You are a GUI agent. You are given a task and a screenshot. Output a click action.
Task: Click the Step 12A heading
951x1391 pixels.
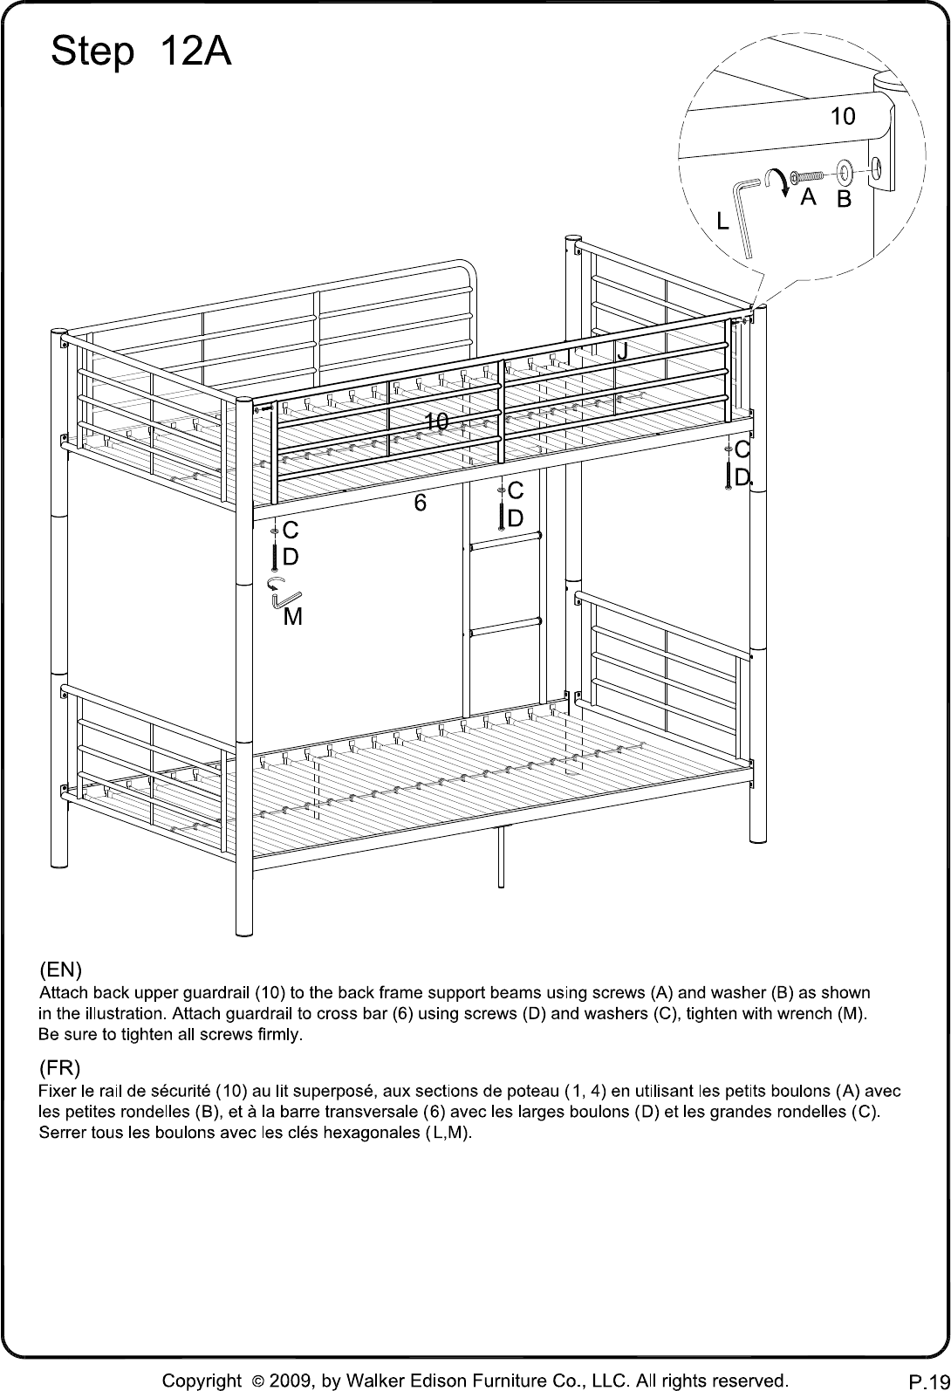tap(141, 52)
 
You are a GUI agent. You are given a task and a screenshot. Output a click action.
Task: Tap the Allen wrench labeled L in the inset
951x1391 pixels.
tap(744, 217)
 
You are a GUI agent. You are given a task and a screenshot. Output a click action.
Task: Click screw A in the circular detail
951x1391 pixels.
tap(807, 177)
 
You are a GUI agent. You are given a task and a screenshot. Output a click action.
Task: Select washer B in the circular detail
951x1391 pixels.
tap(845, 173)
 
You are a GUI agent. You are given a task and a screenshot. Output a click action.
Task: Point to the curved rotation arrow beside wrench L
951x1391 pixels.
tap(776, 180)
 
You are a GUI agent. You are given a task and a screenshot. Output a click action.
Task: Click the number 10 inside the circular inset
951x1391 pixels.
tap(843, 116)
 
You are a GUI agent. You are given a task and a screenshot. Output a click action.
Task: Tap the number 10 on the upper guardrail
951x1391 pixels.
tap(436, 421)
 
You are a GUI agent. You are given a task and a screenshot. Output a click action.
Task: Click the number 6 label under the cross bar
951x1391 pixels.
tap(421, 503)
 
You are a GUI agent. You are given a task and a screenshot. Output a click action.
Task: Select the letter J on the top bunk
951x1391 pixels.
tap(623, 350)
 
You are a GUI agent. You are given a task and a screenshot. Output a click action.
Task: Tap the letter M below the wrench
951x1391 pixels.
tap(293, 617)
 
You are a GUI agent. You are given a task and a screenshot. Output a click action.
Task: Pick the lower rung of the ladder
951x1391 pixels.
tap(504, 627)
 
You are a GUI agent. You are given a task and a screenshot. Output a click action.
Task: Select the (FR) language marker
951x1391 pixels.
tap(59, 1068)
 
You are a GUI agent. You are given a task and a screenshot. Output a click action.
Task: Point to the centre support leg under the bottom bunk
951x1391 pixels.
tap(500, 856)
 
